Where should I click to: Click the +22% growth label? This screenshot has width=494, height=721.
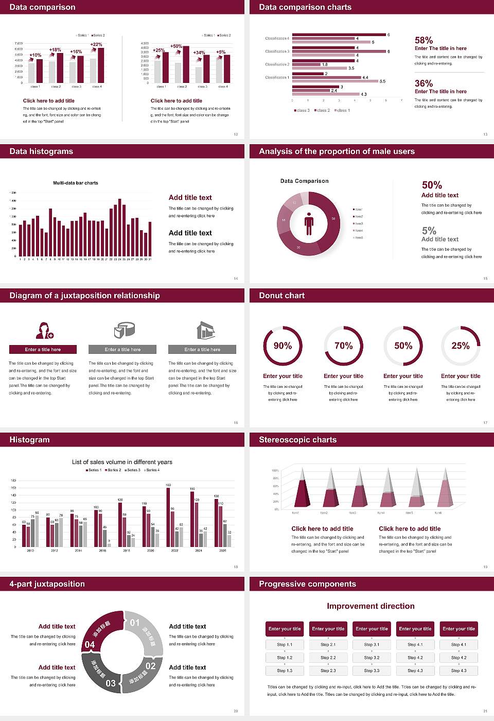96,44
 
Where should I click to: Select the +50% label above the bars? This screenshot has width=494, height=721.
176,46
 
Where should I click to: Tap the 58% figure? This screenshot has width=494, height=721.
424,40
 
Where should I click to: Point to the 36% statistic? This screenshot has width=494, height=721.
424,83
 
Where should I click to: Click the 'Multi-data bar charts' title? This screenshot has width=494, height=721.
76,183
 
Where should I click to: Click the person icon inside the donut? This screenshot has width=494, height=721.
309,223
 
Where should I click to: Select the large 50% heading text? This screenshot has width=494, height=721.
432,185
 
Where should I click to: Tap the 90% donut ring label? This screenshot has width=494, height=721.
283,346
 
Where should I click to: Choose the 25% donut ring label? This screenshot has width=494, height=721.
461,346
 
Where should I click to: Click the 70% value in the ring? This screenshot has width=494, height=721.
343,346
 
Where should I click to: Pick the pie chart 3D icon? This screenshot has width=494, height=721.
124,330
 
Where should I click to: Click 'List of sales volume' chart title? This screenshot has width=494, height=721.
122,462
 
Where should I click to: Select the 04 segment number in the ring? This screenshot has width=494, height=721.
90,644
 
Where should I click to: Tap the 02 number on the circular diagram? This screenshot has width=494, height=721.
150,665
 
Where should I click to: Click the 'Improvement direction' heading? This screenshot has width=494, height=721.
370,606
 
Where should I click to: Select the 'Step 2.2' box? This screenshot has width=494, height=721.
328,658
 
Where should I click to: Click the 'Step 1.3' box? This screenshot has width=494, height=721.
285,671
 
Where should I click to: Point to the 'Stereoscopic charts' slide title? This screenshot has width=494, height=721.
297,440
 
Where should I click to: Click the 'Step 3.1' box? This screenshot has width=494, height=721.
372,645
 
